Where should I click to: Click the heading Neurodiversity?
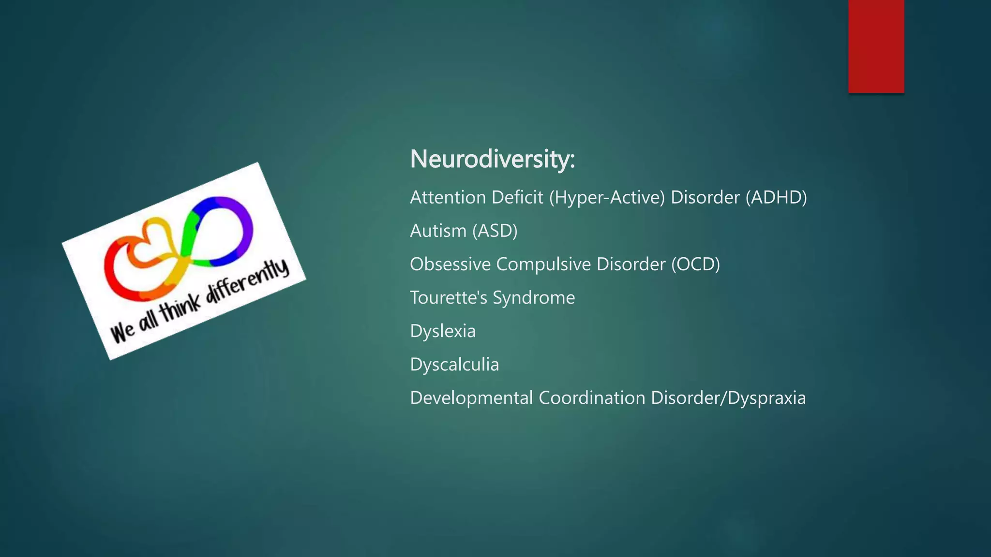pos(492,159)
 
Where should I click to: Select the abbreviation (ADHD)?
pos(776,197)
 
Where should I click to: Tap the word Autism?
pos(438,231)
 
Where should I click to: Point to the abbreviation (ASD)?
pos(495,231)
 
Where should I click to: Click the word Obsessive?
pos(450,264)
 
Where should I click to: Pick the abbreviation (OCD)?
pos(695,264)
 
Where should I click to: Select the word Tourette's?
pos(449,297)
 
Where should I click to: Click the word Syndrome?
pos(534,298)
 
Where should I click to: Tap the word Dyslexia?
pos(443,331)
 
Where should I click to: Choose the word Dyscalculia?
pos(454,365)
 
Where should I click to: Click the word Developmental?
pos(471,398)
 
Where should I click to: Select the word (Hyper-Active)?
pos(607,197)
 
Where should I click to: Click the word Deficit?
pos(517,197)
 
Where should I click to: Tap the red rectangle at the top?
pos(876,46)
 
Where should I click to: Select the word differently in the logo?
pos(247,285)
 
